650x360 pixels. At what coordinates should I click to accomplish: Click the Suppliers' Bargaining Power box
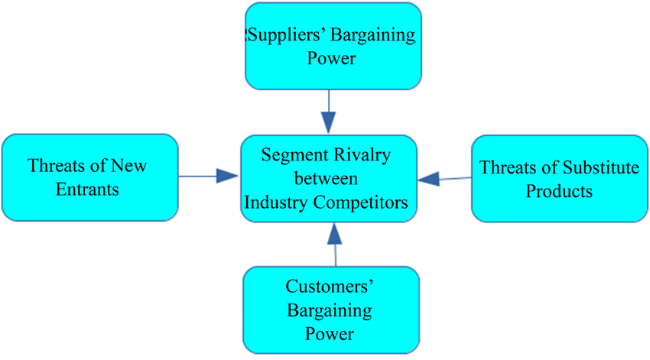point(333,46)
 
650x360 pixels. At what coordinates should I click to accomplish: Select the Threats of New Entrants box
point(90,177)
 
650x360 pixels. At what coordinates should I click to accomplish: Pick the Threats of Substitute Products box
point(559,179)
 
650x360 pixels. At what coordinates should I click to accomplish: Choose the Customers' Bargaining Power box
point(331,310)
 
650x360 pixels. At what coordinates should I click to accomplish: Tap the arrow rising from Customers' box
point(333,244)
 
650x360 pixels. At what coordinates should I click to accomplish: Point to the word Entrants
point(88,189)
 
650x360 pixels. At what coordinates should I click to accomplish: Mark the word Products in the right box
point(559,191)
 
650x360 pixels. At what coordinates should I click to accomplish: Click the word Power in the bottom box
point(330,334)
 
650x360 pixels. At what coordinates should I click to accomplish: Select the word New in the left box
point(128,166)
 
